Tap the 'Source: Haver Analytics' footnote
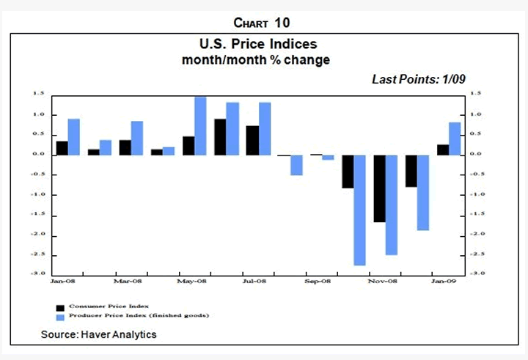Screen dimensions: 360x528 point(99,334)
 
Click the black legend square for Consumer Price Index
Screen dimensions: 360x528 point(59,307)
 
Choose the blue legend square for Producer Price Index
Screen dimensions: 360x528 point(59,316)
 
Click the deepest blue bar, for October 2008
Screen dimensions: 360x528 point(359,210)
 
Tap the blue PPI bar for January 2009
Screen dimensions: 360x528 point(455,139)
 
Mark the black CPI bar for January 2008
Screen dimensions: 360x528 point(62,147)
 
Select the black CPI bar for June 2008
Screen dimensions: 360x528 point(220,136)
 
